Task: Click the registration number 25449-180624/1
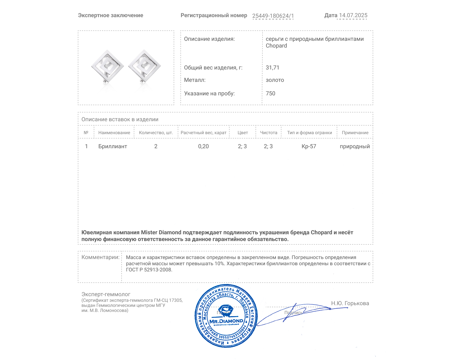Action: [273, 16]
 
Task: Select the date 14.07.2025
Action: [353, 15]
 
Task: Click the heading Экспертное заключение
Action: [110, 15]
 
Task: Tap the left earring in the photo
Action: [107, 67]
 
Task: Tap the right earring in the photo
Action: [144, 67]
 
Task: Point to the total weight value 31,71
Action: [272, 67]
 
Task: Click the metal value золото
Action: [275, 80]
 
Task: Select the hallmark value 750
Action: [270, 93]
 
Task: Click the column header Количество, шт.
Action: [156, 133]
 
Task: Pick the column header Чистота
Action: [269, 133]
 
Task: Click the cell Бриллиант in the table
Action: [112, 146]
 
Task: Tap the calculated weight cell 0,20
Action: [203, 146]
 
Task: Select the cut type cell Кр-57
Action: [309, 146]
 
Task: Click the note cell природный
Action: [355, 146]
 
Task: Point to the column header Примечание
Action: [355, 133]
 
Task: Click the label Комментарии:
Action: [100, 257]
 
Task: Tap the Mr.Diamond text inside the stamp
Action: [226, 321]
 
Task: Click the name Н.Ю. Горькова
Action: [350, 303]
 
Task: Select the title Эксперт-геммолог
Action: [106, 294]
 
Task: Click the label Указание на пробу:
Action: [209, 93]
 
